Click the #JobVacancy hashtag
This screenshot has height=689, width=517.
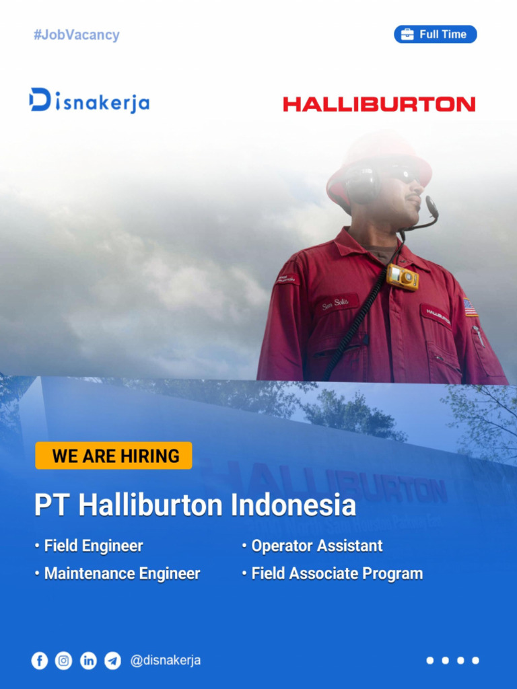pos(76,35)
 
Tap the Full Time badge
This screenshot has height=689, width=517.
pos(435,34)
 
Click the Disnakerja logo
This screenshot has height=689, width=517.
pos(89,101)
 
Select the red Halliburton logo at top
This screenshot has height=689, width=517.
pos(379,104)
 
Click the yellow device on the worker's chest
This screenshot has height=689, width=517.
pos(403,277)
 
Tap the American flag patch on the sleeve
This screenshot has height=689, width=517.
pos(470,307)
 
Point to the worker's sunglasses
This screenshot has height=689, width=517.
pos(401,175)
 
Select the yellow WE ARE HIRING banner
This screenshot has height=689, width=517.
pos(114,456)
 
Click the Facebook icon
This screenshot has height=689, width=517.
pos(40,661)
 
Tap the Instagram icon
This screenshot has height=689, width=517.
pos(64,661)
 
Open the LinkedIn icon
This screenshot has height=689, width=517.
pos(88,661)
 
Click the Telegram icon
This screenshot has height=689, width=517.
pos(112,661)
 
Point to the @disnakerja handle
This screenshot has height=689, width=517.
pos(166,661)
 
